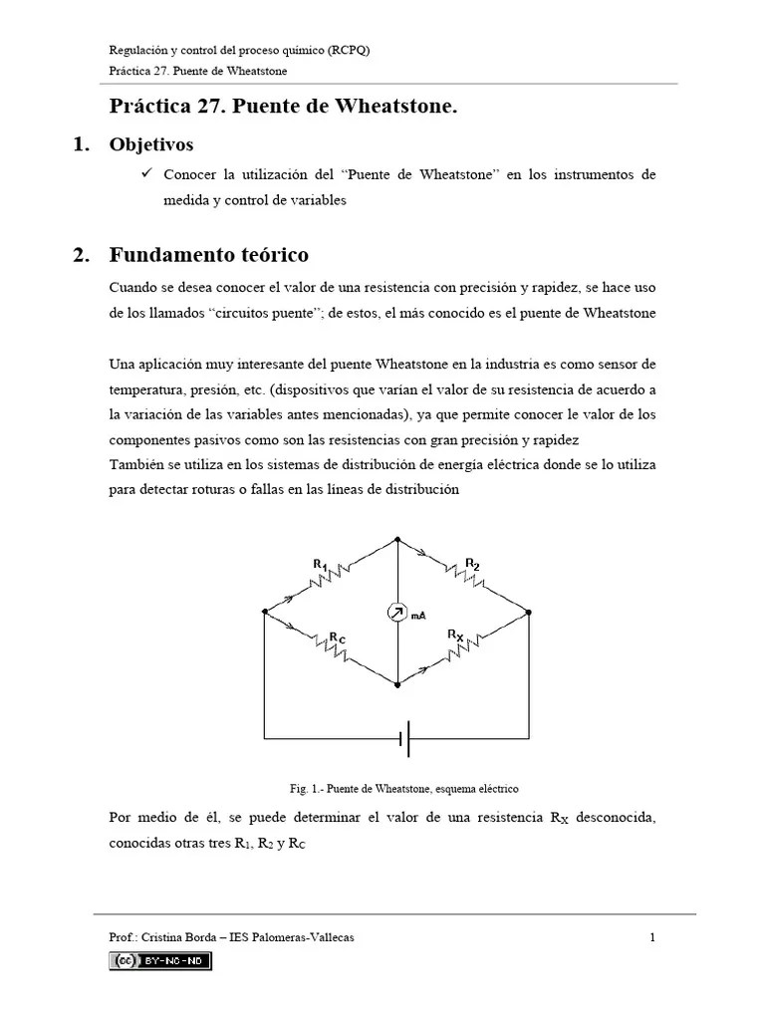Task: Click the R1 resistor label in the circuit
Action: (x=320, y=566)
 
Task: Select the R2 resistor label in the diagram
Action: (x=472, y=564)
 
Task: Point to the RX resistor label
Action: (x=455, y=634)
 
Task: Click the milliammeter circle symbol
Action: (x=397, y=614)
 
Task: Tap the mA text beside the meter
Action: (x=419, y=616)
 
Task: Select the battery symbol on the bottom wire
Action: (x=404, y=739)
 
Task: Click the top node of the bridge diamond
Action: (x=397, y=539)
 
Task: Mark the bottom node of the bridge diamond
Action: (x=397, y=685)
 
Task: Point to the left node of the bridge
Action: (x=265, y=612)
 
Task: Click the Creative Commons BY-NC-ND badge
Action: (x=160, y=960)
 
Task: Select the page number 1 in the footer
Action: (x=651, y=937)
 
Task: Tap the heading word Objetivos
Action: (x=151, y=144)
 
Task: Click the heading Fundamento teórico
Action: (x=208, y=254)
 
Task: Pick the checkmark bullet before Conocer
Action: (x=145, y=173)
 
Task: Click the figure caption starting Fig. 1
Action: (x=404, y=788)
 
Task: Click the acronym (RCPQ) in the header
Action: (x=351, y=51)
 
